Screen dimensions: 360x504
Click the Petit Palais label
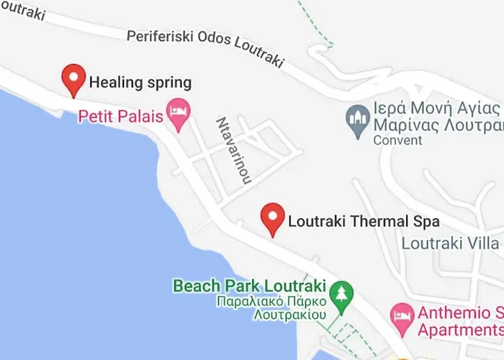(120, 115)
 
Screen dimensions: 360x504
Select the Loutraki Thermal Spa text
(364, 222)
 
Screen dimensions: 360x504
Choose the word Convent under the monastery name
(397, 140)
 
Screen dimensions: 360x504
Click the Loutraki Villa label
(451, 243)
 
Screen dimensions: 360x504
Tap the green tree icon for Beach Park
(340, 292)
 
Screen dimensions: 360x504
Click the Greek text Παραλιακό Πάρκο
(267, 301)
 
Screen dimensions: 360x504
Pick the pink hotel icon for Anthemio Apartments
(400, 315)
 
